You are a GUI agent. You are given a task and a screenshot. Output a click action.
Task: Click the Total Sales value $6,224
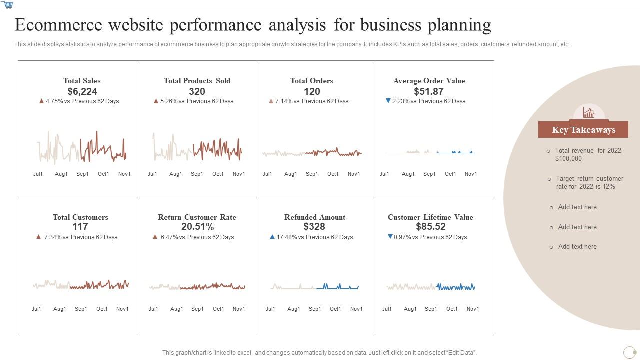tap(82, 91)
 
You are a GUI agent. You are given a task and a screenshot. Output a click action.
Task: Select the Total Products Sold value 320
tap(197, 91)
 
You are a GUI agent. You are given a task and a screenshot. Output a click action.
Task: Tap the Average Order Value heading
tap(429, 81)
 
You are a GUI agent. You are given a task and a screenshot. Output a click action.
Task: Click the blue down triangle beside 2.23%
tap(388, 101)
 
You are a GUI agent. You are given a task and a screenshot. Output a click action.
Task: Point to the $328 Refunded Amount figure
tap(314, 227)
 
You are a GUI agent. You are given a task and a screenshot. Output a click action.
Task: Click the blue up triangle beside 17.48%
tap(272, 237)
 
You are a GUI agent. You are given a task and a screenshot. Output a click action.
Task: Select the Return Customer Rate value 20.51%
tap(197, 227)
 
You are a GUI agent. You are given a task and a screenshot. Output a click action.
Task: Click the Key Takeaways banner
tap(583, 130)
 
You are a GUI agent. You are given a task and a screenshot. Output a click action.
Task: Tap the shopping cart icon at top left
tap(7, 5)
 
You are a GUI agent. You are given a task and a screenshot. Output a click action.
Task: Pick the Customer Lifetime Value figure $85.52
tap(430, 227)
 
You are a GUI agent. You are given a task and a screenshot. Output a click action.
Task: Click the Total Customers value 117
tap(80, 227)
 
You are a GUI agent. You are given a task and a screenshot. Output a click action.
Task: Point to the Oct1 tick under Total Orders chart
tap(333, 174)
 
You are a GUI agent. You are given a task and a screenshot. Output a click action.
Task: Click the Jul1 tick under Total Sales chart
tap(38, 174)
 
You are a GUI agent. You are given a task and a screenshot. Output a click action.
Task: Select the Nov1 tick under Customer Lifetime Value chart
tap(473, 309)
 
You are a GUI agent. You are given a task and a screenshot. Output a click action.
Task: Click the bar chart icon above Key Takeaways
tap(589, 113)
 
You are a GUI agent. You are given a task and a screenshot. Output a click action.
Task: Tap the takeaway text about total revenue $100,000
tap(588, 154)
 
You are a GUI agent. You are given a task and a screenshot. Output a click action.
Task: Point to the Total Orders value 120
tap(312, 91)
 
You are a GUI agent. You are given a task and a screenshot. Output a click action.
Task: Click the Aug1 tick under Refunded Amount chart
tap(294, 309)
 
